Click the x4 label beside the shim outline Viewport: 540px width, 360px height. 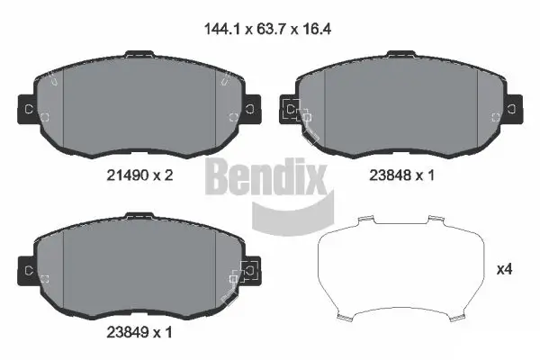[506, 269]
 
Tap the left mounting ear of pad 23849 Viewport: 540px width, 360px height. [28, 269]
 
